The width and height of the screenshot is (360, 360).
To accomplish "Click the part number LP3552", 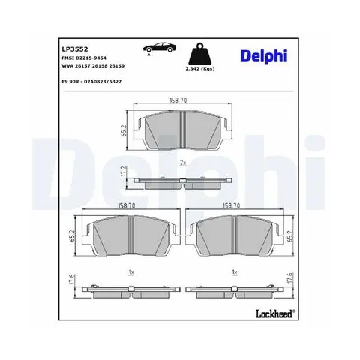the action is (x=75, y=49).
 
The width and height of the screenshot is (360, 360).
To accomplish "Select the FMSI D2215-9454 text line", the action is (x=84, y=58).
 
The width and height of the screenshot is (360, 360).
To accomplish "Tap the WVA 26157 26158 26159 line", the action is (x=93, y=66).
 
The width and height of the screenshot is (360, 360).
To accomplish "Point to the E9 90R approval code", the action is (x=91, y=82).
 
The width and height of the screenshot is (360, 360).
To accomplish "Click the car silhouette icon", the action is (x=160, y=47).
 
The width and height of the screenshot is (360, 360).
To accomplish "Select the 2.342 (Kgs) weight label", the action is (x=200, y=69).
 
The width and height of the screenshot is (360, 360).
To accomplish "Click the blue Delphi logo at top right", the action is (x=264, y=56).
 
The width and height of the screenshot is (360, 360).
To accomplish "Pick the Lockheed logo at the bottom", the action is (x=275, y=313).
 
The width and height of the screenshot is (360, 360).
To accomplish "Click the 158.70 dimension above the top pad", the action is (x=178, y=100).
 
